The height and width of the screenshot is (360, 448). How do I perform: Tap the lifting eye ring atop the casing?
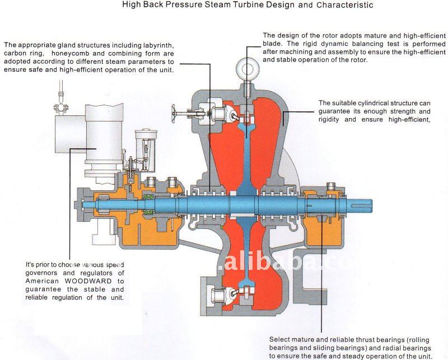coord(245,67)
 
